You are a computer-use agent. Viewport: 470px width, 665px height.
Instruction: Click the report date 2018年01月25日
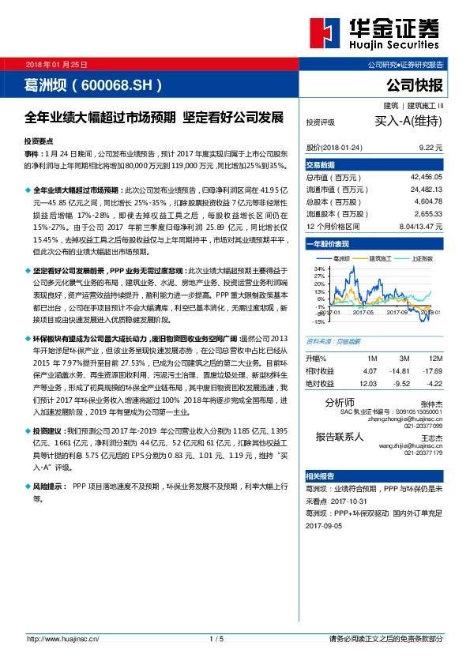tap(56, 63)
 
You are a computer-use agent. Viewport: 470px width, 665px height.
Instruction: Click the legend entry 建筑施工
tap(383, 258)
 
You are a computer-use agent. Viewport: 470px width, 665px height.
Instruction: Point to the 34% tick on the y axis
tap(320, 269)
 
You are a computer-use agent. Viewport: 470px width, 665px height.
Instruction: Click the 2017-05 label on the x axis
tap(363, 313)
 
